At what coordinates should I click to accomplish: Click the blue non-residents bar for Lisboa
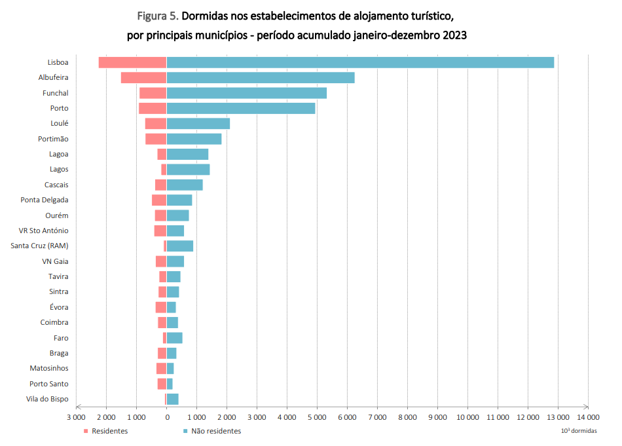[360, 62]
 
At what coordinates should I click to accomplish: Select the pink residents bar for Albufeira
[143, 78]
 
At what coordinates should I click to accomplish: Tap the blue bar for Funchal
[247, 93]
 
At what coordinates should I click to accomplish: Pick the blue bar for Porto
[241, 108]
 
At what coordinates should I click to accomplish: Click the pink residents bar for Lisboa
[132, 62]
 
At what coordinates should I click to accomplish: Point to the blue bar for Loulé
[198, 124]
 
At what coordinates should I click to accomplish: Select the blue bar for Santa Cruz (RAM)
[180, 246]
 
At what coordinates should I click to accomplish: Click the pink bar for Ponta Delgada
[159, 200]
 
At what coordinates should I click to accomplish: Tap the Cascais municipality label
[56, 185]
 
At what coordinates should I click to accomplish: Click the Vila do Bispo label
[47, 399]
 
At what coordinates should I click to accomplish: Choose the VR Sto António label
[44, 231]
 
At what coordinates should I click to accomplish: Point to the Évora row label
[58, 307]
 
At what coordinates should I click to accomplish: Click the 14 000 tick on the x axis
[588, 417]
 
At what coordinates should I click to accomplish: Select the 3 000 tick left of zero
[77, 417]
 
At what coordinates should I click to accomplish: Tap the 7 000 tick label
[377, 417]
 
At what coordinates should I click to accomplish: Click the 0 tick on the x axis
[167, 417]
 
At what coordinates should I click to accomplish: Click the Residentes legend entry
[105, 431]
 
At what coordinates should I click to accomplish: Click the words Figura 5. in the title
[157, 15]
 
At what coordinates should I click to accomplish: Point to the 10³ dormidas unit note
[579, 431]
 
